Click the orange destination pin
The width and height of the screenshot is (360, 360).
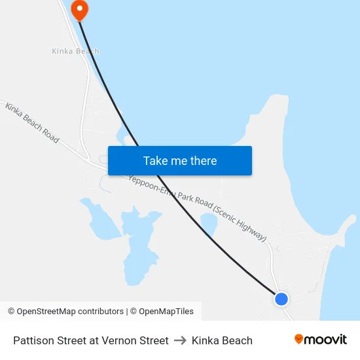[x=79, y=9]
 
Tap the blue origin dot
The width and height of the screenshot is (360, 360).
[x=281, y=299]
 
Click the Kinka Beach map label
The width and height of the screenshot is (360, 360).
[x=76, y=51]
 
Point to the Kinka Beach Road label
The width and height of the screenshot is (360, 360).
[x=32, y=122]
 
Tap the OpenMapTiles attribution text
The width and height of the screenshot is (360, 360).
[x=166, y=312]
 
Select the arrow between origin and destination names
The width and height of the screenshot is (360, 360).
[x=180, y=340]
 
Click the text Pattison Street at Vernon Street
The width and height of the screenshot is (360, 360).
[x=91, y=340]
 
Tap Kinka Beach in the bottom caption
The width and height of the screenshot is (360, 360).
[x=222, y=340]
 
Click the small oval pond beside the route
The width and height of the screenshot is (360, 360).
[x=208, y=225]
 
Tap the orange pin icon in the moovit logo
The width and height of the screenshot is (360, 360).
[x=299, y=339]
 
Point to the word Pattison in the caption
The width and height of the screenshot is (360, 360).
[x=33, y=340]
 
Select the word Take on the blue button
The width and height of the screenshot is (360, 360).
[x=155, y=161]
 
